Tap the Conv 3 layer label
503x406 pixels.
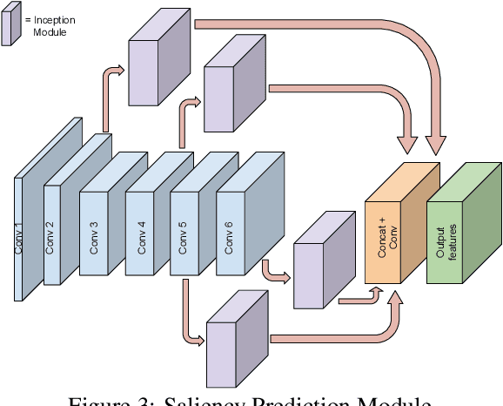[93, 235]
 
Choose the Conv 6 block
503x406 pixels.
[235, 227]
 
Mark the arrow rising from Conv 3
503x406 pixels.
[111, 96]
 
